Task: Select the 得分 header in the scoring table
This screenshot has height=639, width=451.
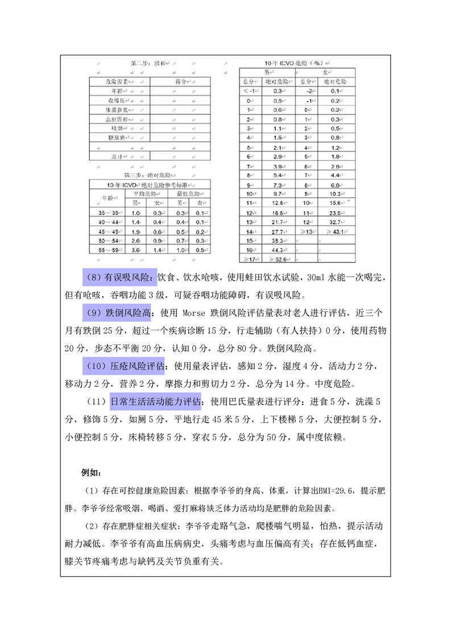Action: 181,82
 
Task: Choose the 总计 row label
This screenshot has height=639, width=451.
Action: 118,156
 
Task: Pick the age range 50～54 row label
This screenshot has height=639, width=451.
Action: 107,240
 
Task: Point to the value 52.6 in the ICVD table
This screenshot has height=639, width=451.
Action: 279,259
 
